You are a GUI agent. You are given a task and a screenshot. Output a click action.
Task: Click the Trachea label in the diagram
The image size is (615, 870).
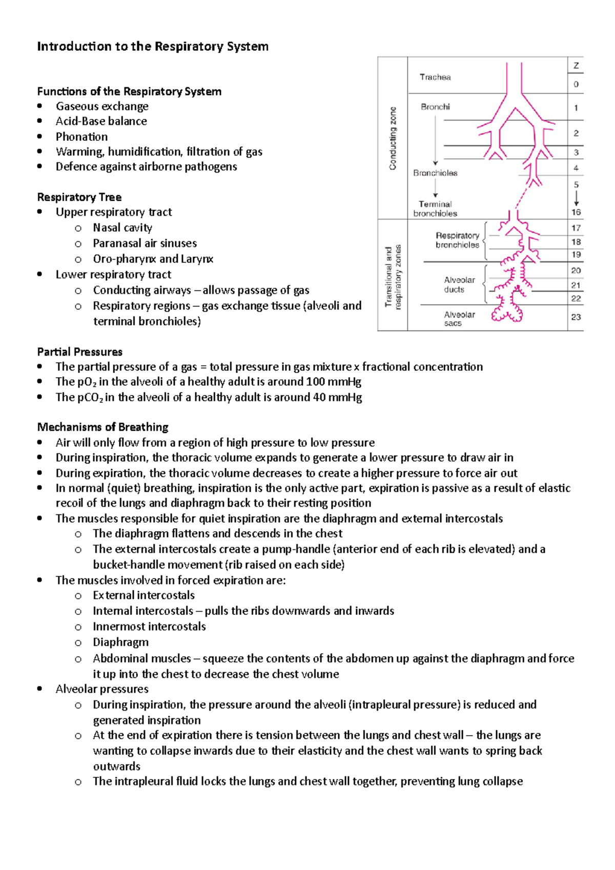click(435, 77)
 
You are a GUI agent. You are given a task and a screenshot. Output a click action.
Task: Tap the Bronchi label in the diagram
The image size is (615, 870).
click(435, 107)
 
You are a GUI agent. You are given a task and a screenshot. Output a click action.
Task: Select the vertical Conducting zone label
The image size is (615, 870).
click(393, 138)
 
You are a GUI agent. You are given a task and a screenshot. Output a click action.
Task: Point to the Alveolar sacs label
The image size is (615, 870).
click(459, 319)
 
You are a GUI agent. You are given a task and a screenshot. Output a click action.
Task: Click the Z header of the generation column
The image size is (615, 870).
click(576, 66)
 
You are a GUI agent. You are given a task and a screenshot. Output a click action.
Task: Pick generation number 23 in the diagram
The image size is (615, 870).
click(576, 317)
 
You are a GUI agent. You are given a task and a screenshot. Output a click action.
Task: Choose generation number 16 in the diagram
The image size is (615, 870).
click(576, 212)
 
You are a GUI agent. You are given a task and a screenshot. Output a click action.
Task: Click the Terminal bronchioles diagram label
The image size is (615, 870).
click(435, 209)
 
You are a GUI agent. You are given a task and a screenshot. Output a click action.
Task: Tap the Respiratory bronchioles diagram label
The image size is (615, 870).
click(457, 240)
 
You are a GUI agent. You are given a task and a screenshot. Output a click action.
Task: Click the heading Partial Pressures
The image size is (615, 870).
click(80, 352)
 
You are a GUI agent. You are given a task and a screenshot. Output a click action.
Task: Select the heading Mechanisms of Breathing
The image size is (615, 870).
click(102, 427)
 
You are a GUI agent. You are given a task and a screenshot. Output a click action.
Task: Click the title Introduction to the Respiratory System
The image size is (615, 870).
click(153, 47)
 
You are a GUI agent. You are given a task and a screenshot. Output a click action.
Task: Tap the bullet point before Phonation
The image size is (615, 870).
click(40, 137)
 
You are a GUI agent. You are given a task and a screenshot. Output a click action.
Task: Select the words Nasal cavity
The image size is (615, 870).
click(122, 227)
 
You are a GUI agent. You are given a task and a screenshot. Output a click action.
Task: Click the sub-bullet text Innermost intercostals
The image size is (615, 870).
click(149, 627)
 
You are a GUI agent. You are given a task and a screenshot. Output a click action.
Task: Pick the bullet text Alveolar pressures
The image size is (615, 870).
click(102, 689)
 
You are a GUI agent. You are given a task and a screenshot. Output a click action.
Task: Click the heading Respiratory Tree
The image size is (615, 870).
click(79, 197)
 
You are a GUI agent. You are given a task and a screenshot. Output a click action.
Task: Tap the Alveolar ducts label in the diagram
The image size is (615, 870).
click(459, 285)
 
